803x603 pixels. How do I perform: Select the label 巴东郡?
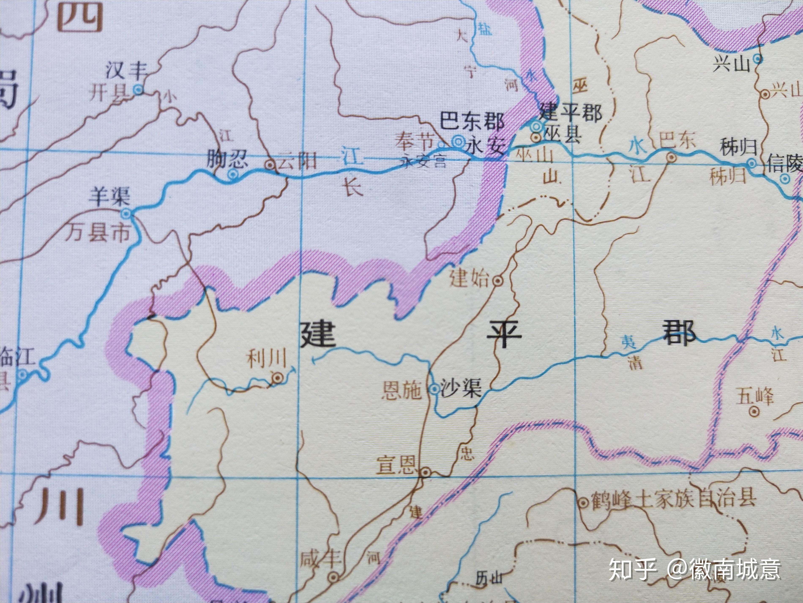(x=472, y=121)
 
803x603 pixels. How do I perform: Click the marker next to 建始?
(x=498, y=280)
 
